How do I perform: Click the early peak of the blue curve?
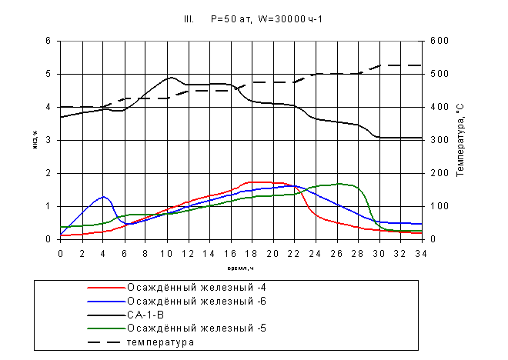(x=103, y=197)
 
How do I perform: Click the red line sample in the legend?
(x=106, y=287)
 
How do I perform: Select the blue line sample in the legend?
(x=106, y=301)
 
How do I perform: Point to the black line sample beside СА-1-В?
(x=106, y=315)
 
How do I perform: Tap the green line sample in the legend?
(x=106, y=328)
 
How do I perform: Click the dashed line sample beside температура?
(x=106, y=342)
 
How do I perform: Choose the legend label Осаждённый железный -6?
(x=196, y=301)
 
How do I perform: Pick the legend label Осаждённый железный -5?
(x=196, y=328)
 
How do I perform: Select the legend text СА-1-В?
(x=145, y=315)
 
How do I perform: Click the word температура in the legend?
(x=160, y=342)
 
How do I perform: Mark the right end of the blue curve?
(x=420, y=224)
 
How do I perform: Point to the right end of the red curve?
(x=420, y=232)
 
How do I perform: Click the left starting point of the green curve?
(x=61, y=227)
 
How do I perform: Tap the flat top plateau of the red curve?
(x=262, y=182)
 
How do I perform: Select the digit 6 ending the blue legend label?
(x=263, y=301)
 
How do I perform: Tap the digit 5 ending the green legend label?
(x=263, y=328)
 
